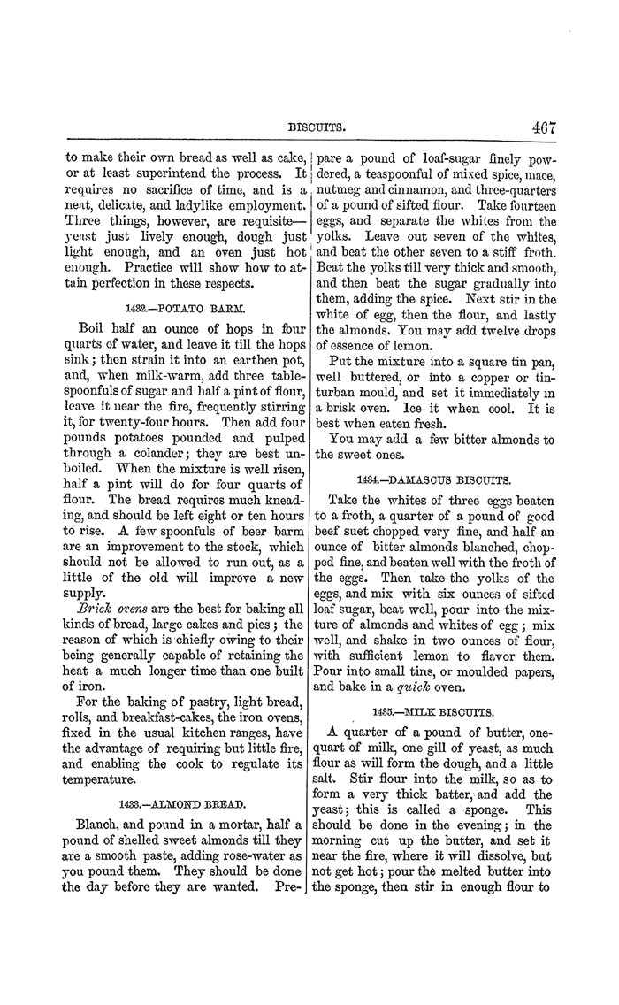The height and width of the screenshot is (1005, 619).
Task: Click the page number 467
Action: [543, 127]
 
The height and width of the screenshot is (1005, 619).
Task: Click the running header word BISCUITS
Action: [317, 128]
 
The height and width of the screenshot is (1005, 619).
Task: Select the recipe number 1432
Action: [130, 311]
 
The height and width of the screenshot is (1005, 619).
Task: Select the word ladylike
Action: [190, 203]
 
